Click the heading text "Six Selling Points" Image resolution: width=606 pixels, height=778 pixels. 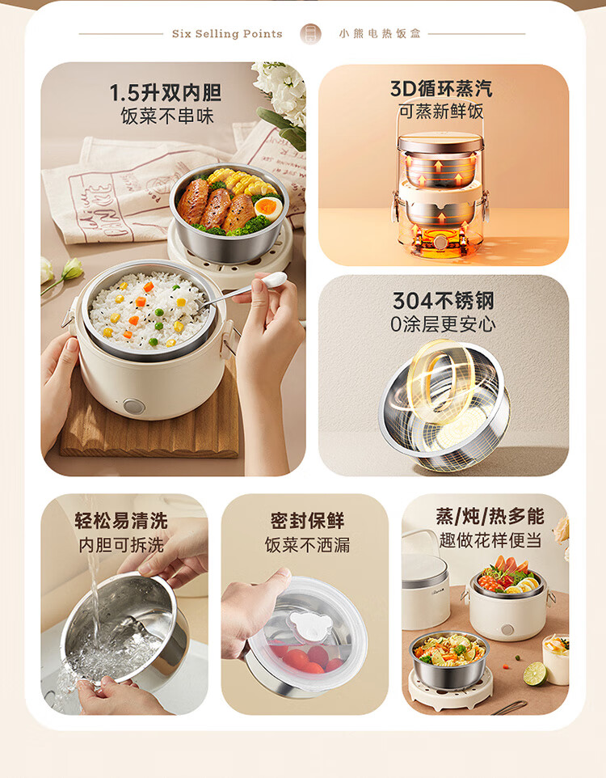[227, 34]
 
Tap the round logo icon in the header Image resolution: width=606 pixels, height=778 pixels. [311, 34]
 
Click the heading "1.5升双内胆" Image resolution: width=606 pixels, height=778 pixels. [166, 93]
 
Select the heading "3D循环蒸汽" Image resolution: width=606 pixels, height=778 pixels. [441, 88]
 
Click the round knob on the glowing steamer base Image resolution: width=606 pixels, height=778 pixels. [440, 243]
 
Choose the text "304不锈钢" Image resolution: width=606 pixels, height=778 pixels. [443, 301]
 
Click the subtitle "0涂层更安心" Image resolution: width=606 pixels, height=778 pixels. [443, 324]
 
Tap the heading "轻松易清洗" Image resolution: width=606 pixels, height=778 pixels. [121, 521]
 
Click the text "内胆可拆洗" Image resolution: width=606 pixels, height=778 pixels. [121, 545]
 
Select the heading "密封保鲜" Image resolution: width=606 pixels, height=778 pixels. [308, 521]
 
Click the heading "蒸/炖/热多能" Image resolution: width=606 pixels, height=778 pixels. [490, 517]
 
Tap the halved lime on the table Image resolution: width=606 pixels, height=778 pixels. [535, 674]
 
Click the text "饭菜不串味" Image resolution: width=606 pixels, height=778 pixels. [167, 116]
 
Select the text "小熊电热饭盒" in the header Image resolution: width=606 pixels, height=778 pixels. [380, 34]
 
